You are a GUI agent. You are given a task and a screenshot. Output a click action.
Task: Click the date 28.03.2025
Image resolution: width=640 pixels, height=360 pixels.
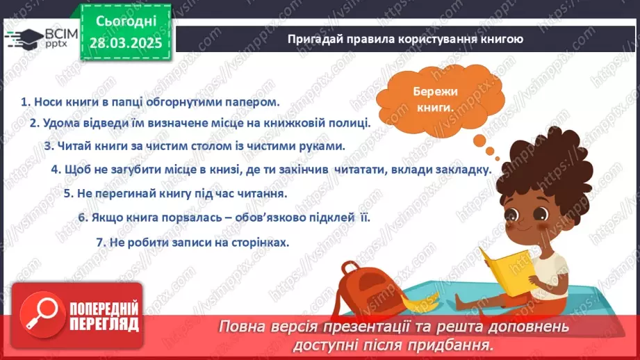(126, 43)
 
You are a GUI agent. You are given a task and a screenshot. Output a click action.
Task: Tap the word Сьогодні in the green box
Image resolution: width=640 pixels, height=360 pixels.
(126, 22)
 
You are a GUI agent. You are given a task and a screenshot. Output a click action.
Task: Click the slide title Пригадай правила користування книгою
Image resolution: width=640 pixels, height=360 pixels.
(405, 39)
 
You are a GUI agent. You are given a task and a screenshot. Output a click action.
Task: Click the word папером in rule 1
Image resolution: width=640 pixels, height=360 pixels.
(253, 102)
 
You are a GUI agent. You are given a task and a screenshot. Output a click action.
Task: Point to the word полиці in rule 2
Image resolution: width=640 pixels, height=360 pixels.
(350, 123)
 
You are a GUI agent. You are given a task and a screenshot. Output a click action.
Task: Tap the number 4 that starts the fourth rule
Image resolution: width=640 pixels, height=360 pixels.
(56, 170)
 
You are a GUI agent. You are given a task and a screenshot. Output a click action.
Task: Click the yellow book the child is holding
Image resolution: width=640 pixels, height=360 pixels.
(507, 270)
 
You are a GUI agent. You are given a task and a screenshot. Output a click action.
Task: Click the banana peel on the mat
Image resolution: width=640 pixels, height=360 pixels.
(420, 302)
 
